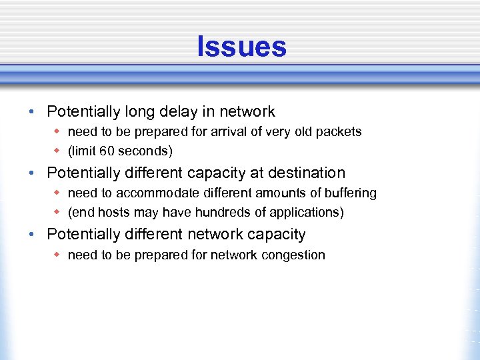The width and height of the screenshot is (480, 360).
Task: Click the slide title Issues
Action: point(241,47)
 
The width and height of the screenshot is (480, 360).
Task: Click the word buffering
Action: point(351,193)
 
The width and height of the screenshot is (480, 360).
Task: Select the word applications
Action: point(303,213)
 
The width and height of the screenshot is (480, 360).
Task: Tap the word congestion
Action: point(293,255)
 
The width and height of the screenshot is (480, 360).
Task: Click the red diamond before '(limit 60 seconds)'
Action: point(58,151)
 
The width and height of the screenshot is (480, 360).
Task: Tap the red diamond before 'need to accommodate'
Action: point(58,193)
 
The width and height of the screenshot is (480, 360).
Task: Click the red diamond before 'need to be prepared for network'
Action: point(58,255)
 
